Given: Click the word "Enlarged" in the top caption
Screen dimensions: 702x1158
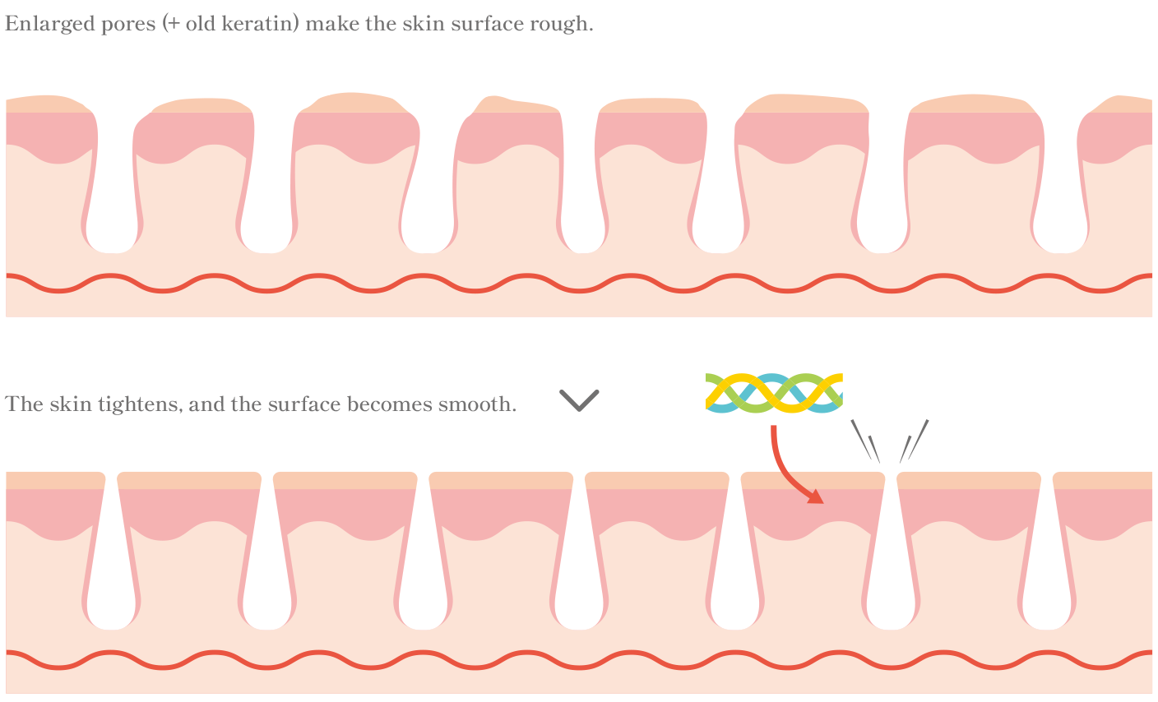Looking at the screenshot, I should pyautogui.click(x=39, y=24).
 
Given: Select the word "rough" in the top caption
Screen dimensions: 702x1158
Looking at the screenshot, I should pyautogui.click(x=564, y=24).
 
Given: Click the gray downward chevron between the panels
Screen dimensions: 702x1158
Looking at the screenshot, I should pyautogui.click(x=579, y=400).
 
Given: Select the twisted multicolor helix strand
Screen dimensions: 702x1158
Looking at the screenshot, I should pyautogui.click(x=774, y=392).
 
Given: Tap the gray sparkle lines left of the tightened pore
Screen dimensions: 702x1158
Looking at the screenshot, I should pyautogui.click(x=865, y=441).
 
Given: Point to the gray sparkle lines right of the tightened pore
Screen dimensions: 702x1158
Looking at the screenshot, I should pyautogui.click(x=914, y=441).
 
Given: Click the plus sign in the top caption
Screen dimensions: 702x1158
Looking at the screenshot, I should pyautogui.click(x=173, y=25).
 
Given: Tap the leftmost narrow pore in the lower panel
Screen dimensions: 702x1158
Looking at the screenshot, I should pyautogui.click(x=111, y=575).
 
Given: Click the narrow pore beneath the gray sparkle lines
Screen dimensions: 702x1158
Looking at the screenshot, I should pyautogui.click(x=890, y=575).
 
